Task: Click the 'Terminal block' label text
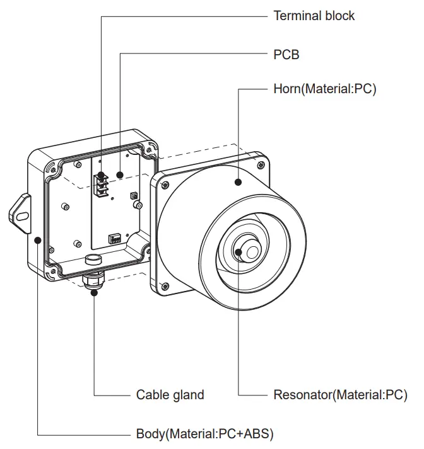(314, 16)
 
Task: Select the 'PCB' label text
(286, 55)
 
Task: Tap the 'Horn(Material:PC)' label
(324, 89)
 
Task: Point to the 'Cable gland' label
(170, 395)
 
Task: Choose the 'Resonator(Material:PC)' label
(339, 395)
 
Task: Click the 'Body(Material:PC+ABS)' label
(204, 434)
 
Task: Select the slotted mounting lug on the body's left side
(20, 213)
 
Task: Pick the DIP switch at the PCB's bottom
(115, 237)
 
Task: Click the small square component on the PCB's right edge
(133, 196)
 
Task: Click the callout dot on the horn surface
(238, 183)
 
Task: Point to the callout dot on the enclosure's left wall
(38, 239)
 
